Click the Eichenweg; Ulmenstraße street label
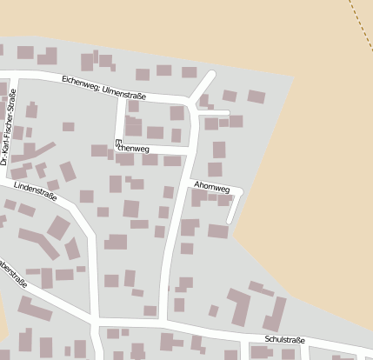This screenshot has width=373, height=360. tap(104, 86)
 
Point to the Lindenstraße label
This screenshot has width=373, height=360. tap(35, 190)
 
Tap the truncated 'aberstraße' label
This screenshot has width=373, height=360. tap(12, 273)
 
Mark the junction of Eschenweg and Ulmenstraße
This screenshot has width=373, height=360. tap(121, 96)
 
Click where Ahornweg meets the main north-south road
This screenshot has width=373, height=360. tap(186, 181)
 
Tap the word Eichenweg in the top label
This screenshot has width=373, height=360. tap(81, 83)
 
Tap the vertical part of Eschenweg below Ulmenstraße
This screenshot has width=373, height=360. tap(120, 122)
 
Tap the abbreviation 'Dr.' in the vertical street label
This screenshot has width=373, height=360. tap(5, 159)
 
